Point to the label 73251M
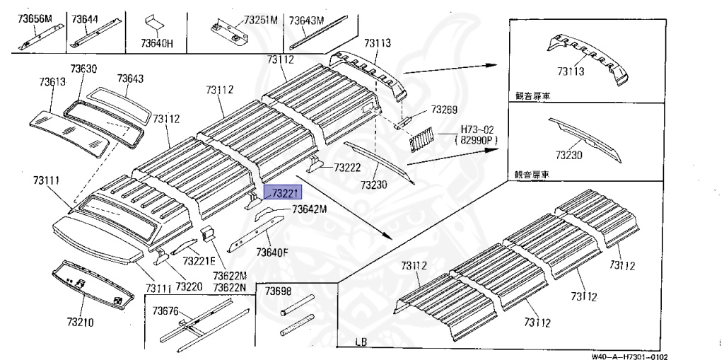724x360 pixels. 260,21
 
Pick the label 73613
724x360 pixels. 52,82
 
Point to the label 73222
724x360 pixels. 347,168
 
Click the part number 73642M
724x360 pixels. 310,209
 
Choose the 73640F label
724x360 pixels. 271,251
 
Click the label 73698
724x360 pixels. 278,291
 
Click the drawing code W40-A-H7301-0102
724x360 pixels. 629,356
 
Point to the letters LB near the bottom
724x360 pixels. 362,343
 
